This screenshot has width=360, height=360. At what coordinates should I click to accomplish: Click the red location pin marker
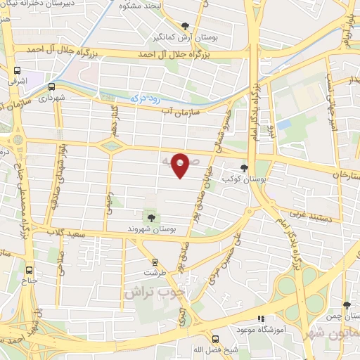pyautogui.click(x=180, y=165)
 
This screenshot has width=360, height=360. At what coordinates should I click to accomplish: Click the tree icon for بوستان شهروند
pyautogui.click(x=151, y=216)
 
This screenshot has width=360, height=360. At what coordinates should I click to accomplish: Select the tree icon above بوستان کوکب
pyautogui.click(x=244, y=168)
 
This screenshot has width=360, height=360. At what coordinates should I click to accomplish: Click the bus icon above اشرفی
pyautogui.click(x=17, y=70)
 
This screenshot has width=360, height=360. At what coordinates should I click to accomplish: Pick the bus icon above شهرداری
pyautogui.click(x=51, y=86)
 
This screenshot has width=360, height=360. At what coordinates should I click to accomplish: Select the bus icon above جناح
pyautogui.click(x=29, y=269)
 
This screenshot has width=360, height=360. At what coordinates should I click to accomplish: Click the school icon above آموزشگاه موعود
pyautogui.click(x=261, y=318)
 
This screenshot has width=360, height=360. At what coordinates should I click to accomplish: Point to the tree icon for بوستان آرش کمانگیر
pyautogui.click(x=186, y=25)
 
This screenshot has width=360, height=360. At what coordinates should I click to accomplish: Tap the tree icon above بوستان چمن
pyautogui.click(x=347, y=305)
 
